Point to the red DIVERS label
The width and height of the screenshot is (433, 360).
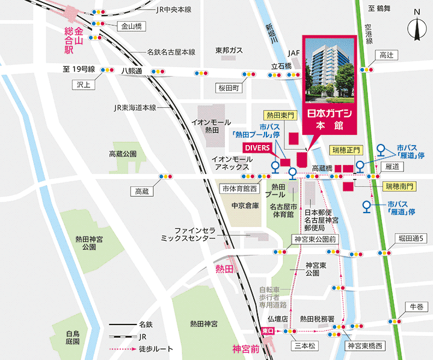tap(257, 147)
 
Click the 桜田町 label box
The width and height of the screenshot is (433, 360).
tap(229, 88)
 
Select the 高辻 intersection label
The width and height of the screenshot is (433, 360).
tap(385, 55)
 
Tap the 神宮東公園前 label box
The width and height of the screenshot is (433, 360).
tap(315, 239)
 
